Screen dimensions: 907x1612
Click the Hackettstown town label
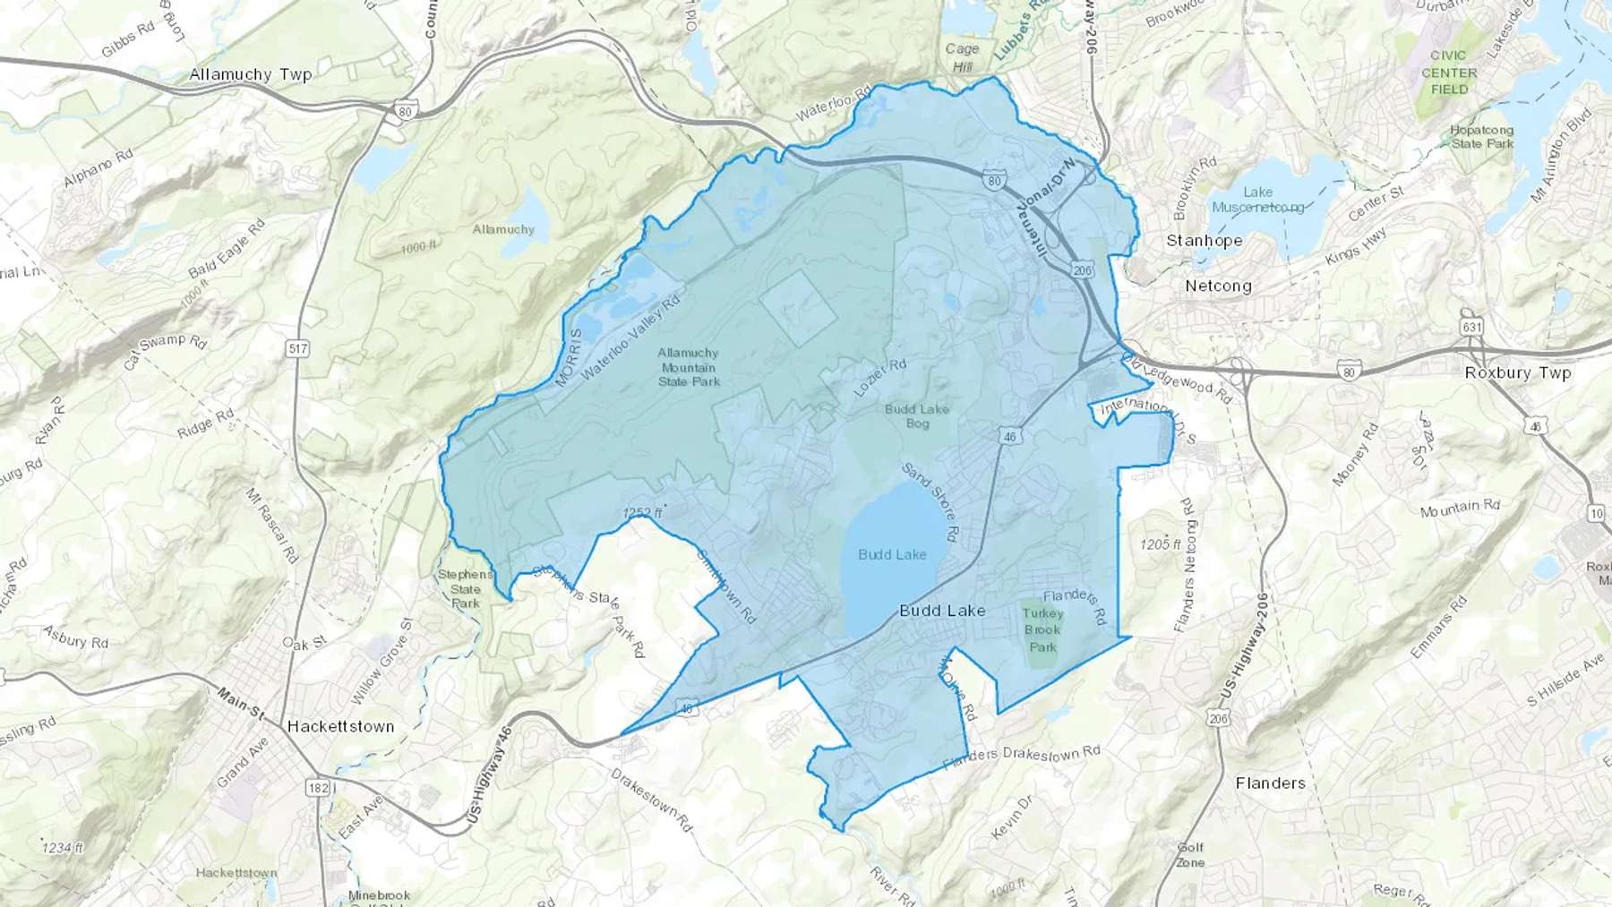[340, 726]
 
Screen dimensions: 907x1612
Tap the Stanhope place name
[1204, 241]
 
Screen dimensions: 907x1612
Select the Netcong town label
[1218, 287]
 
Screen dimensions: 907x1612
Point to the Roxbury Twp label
[1517, 372]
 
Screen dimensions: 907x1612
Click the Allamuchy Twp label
[250, 74]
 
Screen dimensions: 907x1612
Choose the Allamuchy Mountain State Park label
[689, 367]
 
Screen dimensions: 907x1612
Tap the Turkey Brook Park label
[1042, 629]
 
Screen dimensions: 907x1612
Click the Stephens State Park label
[466, 588]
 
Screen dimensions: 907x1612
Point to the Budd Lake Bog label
[917, 415]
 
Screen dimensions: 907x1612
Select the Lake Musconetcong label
[1258, 200]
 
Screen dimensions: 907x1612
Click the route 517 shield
[298, 348]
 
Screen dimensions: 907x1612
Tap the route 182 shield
[317, 788]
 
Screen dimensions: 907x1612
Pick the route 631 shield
[1472, 327]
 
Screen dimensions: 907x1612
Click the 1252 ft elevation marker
[642, 513]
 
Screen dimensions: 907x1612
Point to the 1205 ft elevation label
[1161, 544]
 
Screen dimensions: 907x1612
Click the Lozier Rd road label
[879, 378]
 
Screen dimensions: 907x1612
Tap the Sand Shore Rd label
[930, 503]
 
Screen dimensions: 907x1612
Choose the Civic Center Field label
[1449, 73]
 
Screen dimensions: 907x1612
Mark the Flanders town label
[1270, 783]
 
